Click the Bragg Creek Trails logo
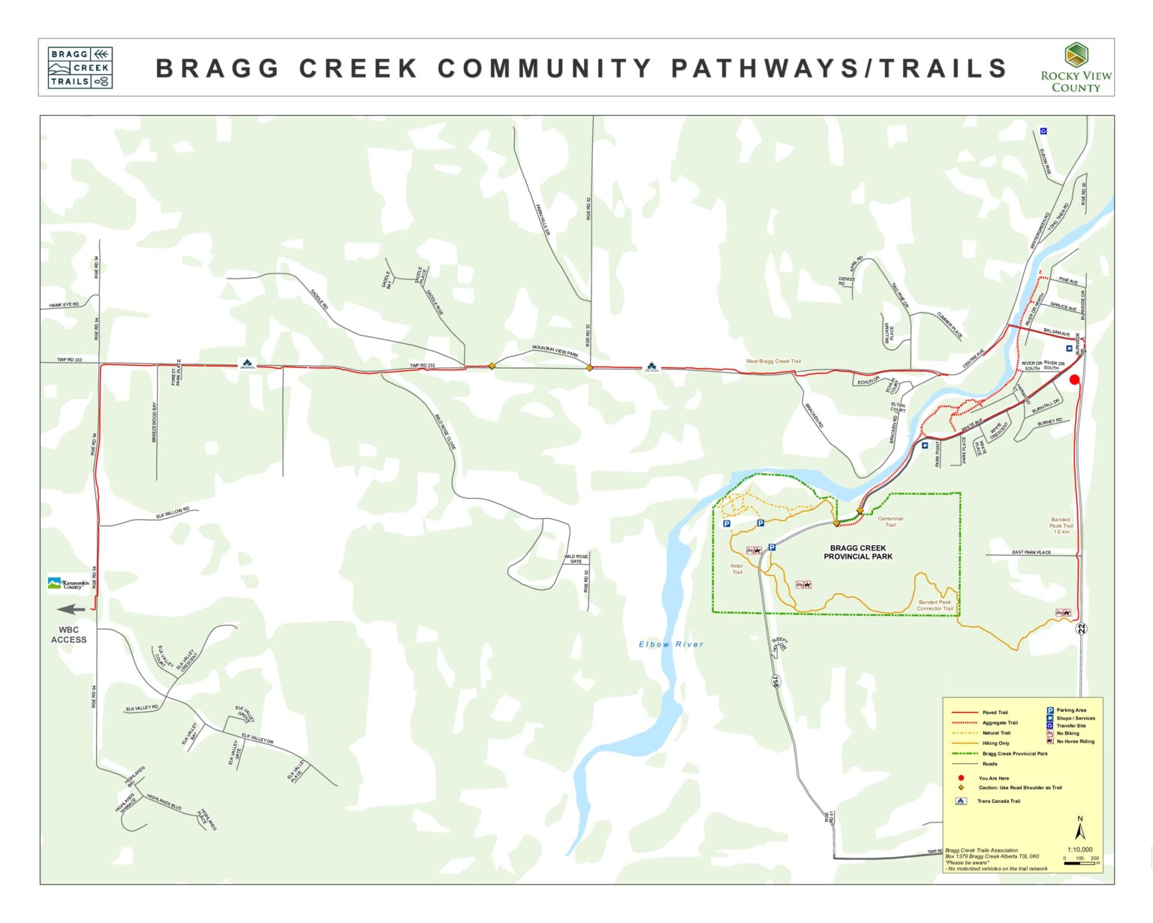80,68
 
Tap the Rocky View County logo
1076,68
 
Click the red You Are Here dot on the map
1074,379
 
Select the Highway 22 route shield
1081,628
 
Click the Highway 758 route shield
775,680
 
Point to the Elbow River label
671,644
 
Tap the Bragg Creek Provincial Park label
858,552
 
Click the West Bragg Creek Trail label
772,361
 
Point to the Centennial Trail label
890,521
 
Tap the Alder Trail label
736,569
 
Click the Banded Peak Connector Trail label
935,605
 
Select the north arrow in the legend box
1079,831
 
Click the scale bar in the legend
1079,864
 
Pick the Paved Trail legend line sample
965,712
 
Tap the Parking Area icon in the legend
1050,710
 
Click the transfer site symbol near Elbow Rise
1043,131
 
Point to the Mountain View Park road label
555,350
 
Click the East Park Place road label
1031,552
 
